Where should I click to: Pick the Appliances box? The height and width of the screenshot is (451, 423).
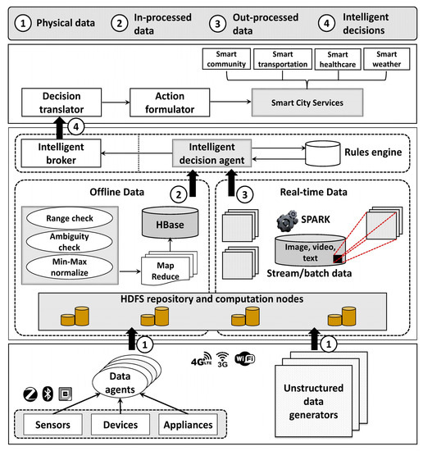[188, 424]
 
